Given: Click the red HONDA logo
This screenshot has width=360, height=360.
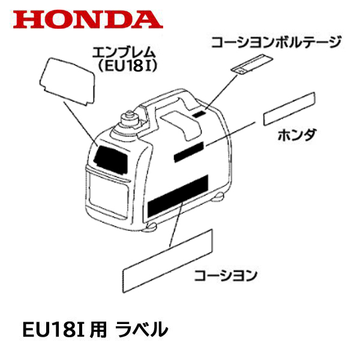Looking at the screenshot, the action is click(x=88, y=17).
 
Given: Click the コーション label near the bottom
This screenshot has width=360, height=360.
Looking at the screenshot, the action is click(x=225, y=275).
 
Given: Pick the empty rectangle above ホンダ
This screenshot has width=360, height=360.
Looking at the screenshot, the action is click(x=289, y=109).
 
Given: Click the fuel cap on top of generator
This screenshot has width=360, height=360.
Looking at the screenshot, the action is click(x=128, y=119).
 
